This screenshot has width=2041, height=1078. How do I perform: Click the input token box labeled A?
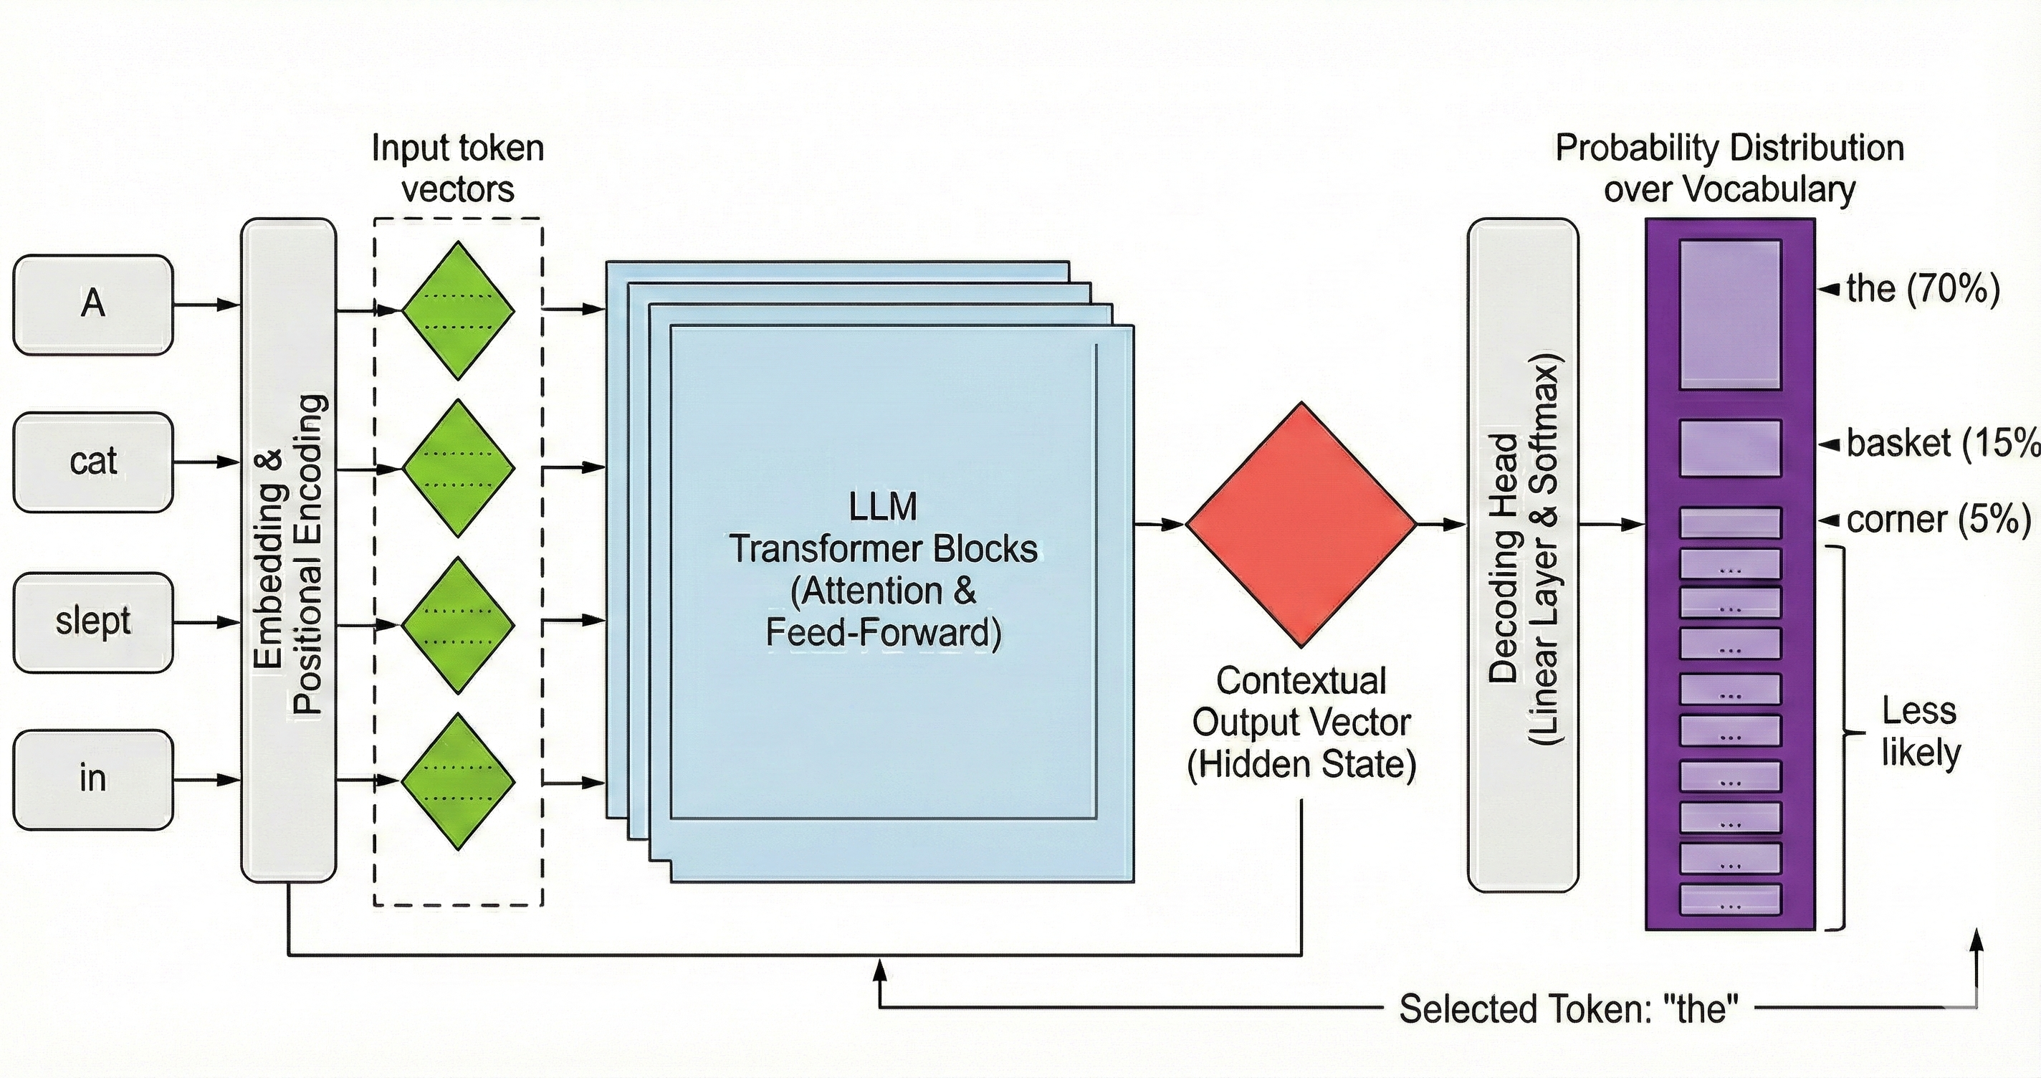(92, 305)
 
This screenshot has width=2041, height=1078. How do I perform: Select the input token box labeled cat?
(92, 462)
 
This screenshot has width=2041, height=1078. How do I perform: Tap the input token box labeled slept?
(92, 622)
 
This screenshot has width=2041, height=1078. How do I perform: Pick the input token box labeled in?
(92, 779)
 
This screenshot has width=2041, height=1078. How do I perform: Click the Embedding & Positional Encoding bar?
(288, 550)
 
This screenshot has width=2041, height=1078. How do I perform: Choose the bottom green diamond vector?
(458, 781)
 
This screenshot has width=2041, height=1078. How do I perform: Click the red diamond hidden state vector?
(1301, 524)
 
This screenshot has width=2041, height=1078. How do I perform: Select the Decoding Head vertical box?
(1522, 555)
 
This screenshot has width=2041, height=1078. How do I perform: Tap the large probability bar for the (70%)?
(1730, 315)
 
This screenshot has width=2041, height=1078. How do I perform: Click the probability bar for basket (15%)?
(1730, 449)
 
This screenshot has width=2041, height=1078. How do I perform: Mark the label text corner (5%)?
(1938, 520)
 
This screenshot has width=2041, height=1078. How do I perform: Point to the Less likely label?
(1919, 731)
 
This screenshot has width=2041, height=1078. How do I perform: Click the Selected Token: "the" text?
(1568, 1009)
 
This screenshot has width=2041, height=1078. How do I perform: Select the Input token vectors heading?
(458, 168)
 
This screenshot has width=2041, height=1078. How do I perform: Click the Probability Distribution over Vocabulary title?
(1730, 168)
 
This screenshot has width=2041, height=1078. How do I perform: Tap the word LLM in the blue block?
(883, 507)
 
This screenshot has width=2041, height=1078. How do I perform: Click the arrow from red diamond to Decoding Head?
(1440, 524)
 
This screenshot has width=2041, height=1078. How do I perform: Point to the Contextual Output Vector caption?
(1301, 722)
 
